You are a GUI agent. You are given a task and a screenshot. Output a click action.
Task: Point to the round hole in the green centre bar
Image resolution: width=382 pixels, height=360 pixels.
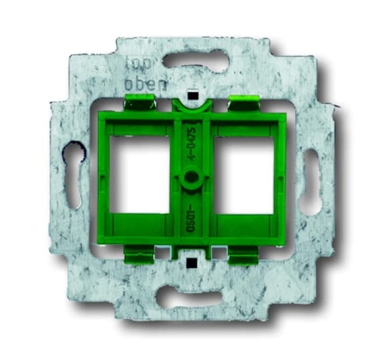192,178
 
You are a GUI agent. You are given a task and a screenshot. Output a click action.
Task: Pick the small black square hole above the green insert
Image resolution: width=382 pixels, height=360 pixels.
192,95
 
